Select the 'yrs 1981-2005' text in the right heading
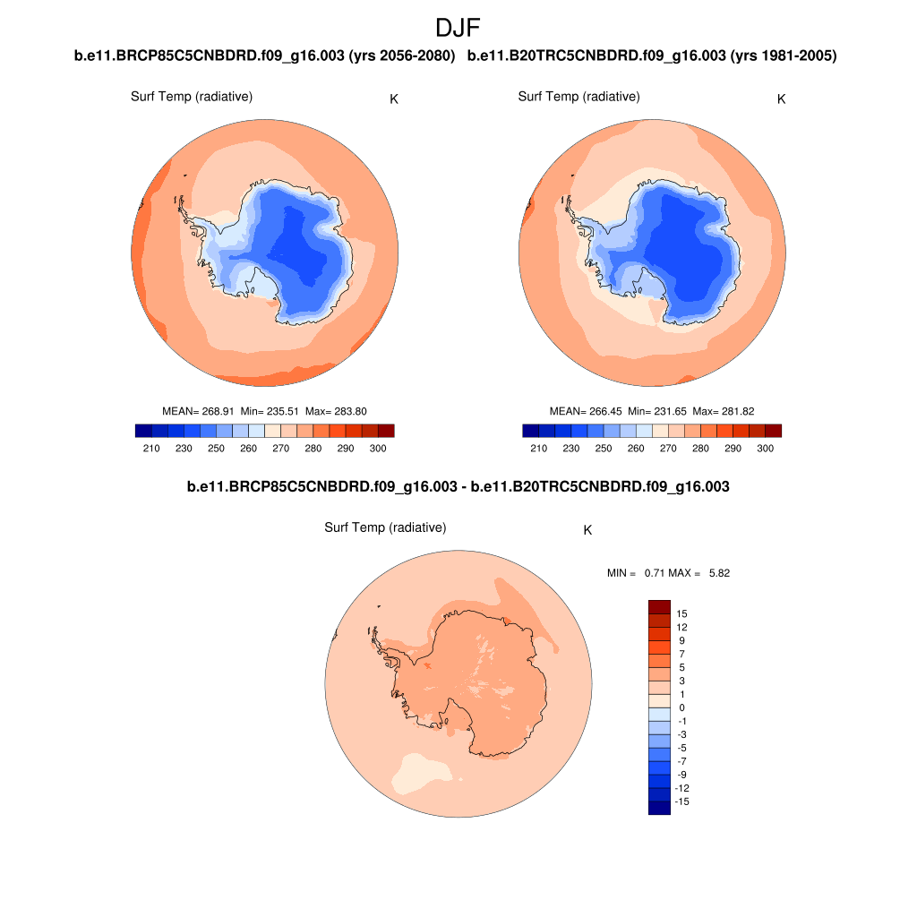click(x=784, y=56)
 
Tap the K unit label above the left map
click(x=394, y=99)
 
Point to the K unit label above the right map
click(x=781, y=99)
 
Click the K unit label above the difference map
click(x=587, y=530)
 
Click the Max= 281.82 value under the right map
click(x=724, y=411)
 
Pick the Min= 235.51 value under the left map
click(x=270, y=411)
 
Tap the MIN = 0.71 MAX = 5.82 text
click(x=668, y=573)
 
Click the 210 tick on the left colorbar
click(x=151, y=448)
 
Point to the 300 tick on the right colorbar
click(x=765, y=448)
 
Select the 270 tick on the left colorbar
click(x=280, y=448)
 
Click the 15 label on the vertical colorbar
click(x=681, y=613)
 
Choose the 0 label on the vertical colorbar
click(x=681, y=707)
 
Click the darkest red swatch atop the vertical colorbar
click(x=659, y=606)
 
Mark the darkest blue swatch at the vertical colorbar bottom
click(x=659, y=808)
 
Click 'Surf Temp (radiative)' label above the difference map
click(x=385, y=528)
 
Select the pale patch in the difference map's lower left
click(x=422, y=773)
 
